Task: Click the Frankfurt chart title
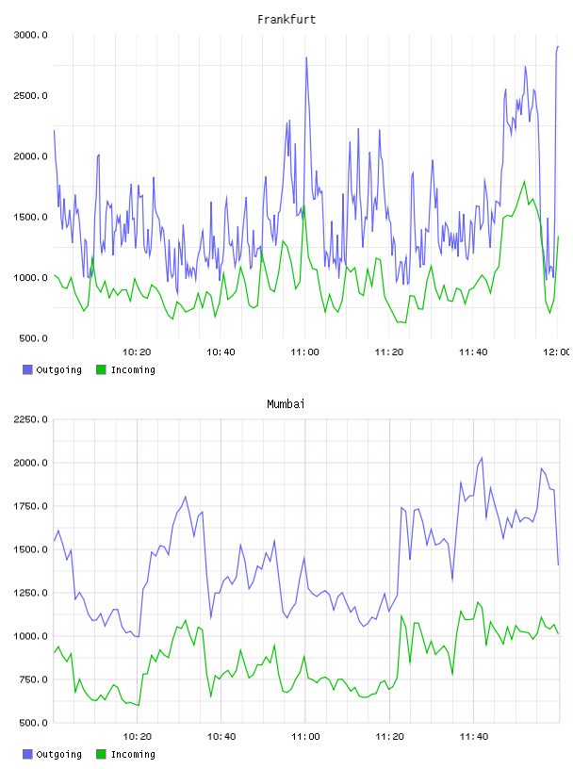tap(286, 19)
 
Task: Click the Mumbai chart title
tap(286, 403)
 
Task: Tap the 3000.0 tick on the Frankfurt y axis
tap(30, 35)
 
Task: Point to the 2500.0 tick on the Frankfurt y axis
tap(30, 95)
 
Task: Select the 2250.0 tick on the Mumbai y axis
tap(30, 419)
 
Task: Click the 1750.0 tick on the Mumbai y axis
tap(30, 506)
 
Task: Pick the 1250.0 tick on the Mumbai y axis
tap(30, 593)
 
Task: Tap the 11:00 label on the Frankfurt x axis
tap(304, 352)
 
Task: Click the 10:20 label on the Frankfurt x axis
tap(137, 352)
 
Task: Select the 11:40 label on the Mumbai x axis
tap(474, 737)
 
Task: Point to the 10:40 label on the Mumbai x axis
tap(221, 737)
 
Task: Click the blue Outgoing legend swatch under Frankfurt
tap(27, 369)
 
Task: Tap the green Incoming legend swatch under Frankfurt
tap(101, 369)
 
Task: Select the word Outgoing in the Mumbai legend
tap(58, 754)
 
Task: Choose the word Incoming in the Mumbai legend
tap(133, 754)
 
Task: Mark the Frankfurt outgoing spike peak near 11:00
tap(306, 57)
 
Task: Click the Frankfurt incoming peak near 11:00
tap(304, 205)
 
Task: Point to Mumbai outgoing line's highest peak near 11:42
tap(482, 458)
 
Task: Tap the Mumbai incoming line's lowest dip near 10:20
tap(139, 705)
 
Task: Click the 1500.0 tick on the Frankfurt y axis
tap(30, 218)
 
